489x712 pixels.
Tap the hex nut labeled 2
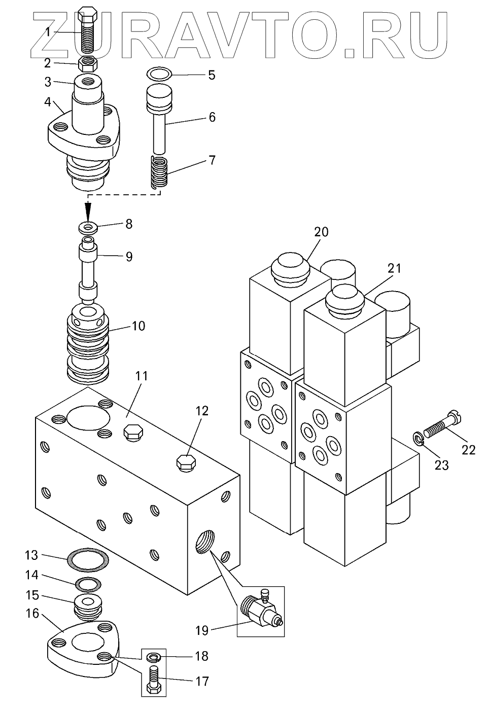[88, 63]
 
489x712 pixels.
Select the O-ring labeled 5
[159, 74]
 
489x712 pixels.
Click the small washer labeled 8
[88, 228]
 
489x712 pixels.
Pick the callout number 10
[138, 326]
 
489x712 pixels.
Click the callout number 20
[321, 232]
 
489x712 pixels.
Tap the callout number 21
[394, 269]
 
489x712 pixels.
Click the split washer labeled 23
[418, 440]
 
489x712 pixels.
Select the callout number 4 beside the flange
[48, 102]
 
